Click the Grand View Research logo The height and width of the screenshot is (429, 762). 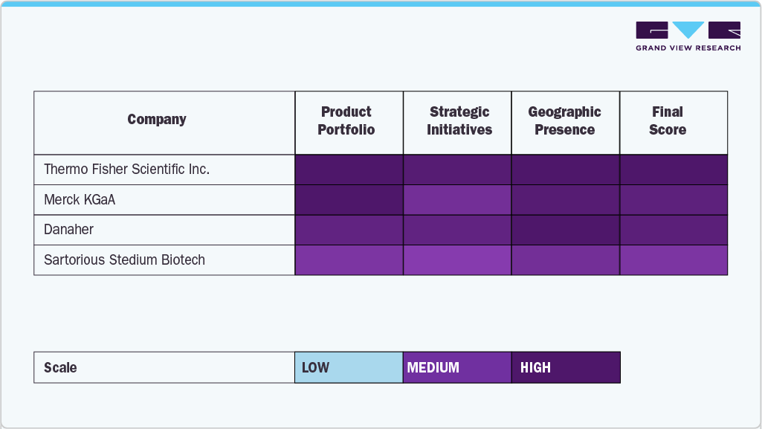pyautogui.click(x=688, y=36)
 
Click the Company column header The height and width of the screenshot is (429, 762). pyautogui.click(x=157, y=120)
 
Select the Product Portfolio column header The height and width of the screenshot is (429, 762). pyautogui.click(x=346, y=121)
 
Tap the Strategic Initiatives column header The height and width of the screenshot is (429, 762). pyautogui.click(x=459, y=121)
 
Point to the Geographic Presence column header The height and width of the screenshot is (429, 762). pyautogui.click(x=564, y=121)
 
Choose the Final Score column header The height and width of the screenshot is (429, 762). pyautogui.click(x=667, y=121)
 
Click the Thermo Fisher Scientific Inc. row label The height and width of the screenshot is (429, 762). pyautogui.click(x=126, y=170)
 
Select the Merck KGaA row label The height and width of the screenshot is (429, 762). pyautogui.click(x=80, y=200)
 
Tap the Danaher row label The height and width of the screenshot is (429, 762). pyautogui.click(x=68, y=230)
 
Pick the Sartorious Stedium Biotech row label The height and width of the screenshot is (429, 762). pyautogui.click(x=124, y=260)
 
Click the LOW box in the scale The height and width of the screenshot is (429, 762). pyautogui.click(x=349, y=367)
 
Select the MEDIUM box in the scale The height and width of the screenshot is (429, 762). pyautogui.click(x=457, y=367)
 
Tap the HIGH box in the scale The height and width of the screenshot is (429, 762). pyautogui.click(x=566, y=367)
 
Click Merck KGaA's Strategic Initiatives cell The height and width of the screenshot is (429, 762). pyautogui.click(x=457, y=200)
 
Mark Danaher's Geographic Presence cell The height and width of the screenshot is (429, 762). pyautogui.click(x=566, y=230)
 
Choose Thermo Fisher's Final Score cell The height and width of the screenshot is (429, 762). pyautogui.click(x=674, y=170)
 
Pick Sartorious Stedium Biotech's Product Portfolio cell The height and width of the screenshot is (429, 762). pyautogui.click(x=349, y=260)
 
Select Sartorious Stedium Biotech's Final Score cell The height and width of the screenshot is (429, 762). pyautogui.click(x=674, y=260)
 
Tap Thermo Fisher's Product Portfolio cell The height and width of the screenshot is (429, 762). pyautogui.click(x=349, y=170)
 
